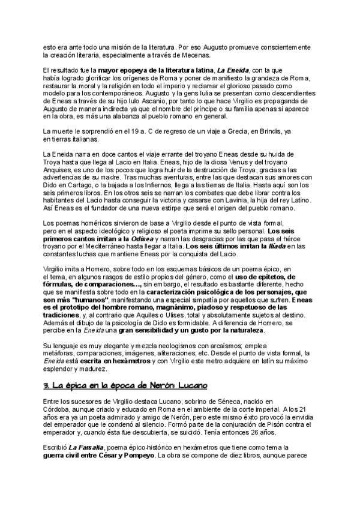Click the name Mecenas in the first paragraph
[196, 55]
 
